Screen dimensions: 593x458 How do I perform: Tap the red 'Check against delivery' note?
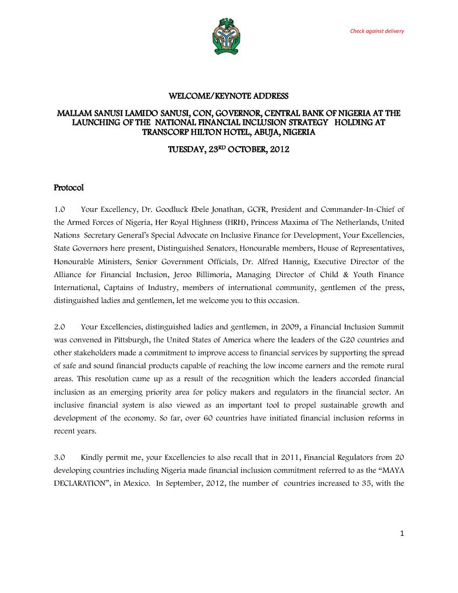click(x=377, y=31)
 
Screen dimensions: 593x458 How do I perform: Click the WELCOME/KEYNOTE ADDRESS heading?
click(x=229, y=96)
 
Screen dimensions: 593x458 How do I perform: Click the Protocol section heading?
click(x=69, y=188)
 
